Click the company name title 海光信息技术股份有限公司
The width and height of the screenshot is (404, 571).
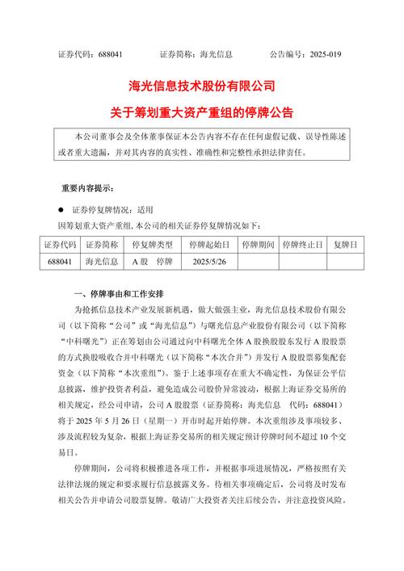(201, 86)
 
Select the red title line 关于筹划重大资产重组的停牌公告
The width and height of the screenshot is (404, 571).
(201, 110)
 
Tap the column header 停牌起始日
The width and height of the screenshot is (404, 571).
(208, 244)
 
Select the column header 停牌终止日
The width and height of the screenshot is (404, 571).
(301, 244)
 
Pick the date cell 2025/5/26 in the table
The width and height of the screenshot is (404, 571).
(208, 262)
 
